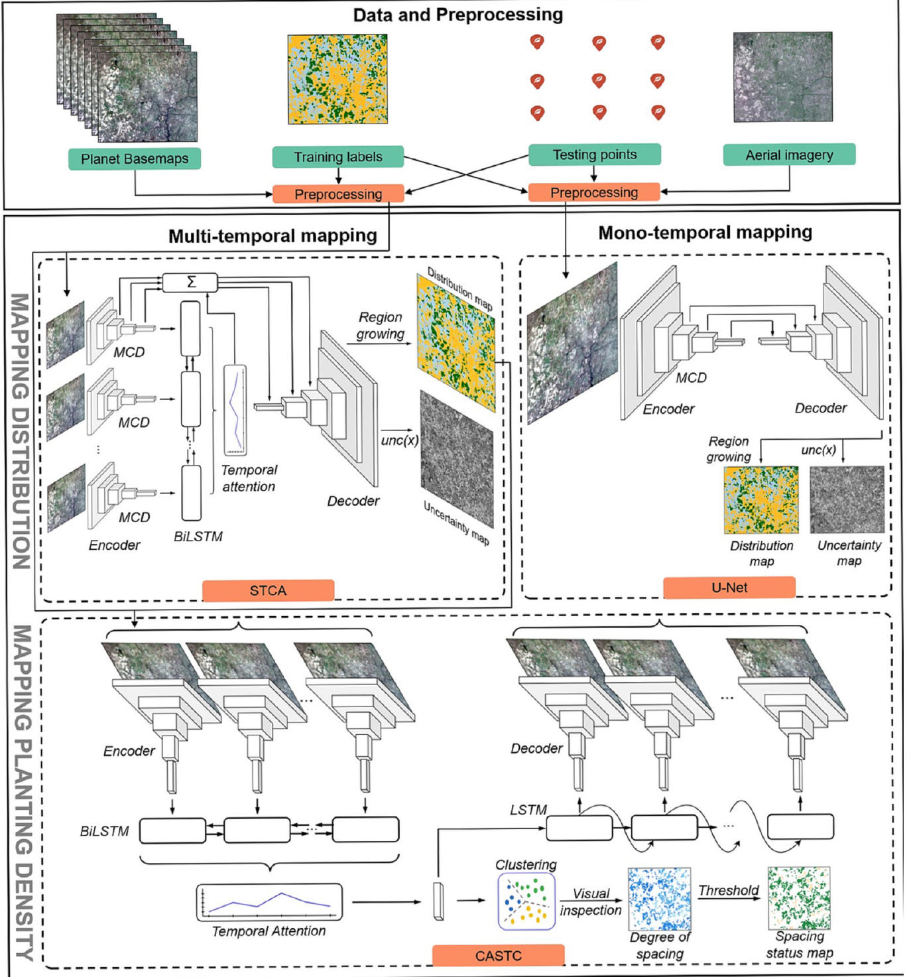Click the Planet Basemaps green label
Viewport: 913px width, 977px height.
(135, 159)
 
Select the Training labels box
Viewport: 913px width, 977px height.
(337, 157)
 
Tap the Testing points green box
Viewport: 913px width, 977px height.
(594, 155)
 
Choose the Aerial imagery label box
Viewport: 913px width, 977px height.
(789, 155)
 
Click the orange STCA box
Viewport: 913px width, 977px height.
(268, 590)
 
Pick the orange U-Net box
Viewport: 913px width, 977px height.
(729, 587)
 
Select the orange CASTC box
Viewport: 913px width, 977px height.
(498, 956)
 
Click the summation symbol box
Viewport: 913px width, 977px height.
(190, 283)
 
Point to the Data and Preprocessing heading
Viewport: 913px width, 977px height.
(457, 15)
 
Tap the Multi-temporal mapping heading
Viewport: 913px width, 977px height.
(273, 235)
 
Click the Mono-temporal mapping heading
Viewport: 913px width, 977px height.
(705, 232)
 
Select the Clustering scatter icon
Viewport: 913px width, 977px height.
(526, 901)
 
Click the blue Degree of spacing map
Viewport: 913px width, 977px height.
(659, 899)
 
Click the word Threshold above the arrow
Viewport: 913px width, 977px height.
(728, 890)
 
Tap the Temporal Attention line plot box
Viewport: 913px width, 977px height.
(269, 902)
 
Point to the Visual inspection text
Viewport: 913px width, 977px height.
(590, 901)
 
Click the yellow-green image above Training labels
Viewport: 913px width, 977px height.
(337, 80)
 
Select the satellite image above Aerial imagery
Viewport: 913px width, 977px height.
(782, 76)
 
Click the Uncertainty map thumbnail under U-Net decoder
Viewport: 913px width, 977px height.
(847, 499)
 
